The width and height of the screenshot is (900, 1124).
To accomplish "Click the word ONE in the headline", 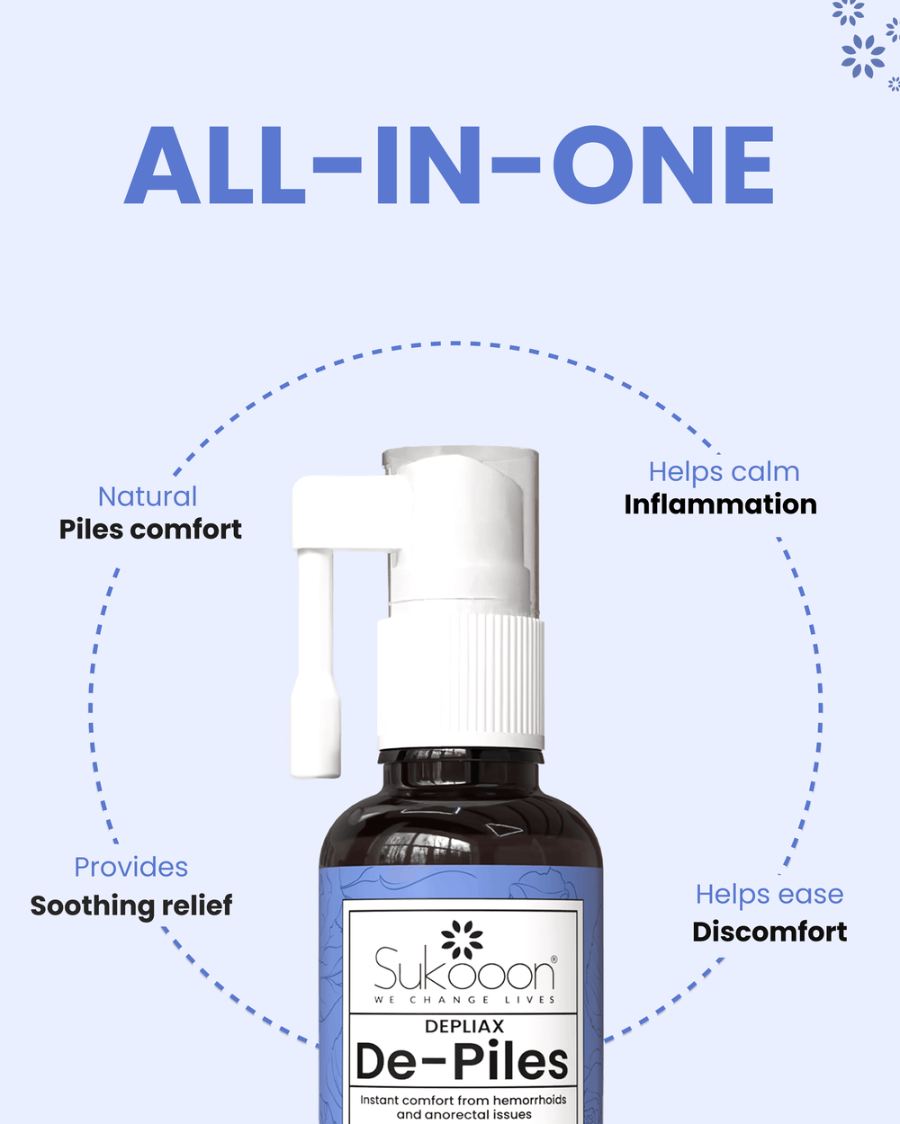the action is pyautogui.click(x=662, y=165).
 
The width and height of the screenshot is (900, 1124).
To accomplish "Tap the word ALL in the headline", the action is pyautogui.click(x=214, y=165).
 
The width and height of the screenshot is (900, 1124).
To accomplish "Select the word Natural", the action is pyautogui.click(x=148, y=496).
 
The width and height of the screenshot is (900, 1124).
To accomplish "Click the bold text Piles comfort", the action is pyautogui.click(x=150, y=530).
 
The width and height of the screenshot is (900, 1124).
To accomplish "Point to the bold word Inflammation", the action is pyautogui.click(x=721, y=504).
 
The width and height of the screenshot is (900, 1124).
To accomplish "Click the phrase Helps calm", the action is pyautogui.click(x=724, y=472).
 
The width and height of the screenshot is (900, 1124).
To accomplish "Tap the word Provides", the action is pyautogui.click(x=130, y=867).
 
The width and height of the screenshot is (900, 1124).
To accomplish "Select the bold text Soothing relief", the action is pyautogui.click(x=131, y=905).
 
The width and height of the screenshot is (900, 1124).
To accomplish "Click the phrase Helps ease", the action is pyautogui.click(x=769, y=896).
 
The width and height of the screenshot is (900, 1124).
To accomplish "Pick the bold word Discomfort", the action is pyautogui.click(x=769, y=932).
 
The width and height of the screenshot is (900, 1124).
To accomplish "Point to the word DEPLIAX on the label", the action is pyautogui.click(x=464, y=1027).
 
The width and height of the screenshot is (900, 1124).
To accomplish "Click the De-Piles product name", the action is pyautogui.click(x=463, y=1062).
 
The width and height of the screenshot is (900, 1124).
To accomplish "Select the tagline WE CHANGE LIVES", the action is pyautogui.click(x=464, y=1000).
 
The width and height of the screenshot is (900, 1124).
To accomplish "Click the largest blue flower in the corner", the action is pyautogui.click(x=863, y=56).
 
